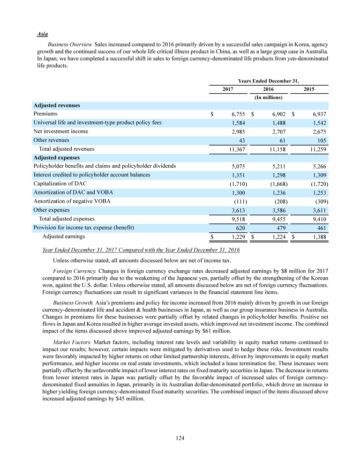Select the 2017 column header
tap(228, 89)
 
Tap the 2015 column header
tap(308, 89)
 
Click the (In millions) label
tap(268, 97)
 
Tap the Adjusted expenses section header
tap(57, 157)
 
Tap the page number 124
tap(180, 438)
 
